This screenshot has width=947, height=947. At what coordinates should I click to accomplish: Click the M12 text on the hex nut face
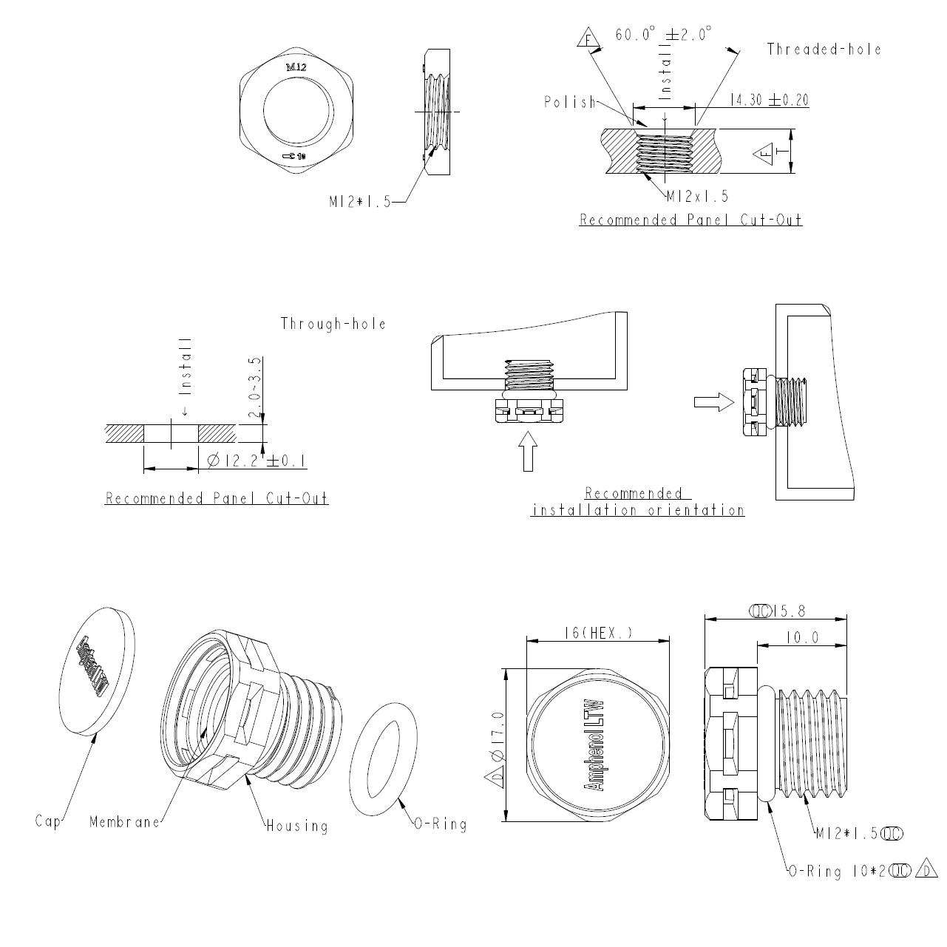coord(296,67)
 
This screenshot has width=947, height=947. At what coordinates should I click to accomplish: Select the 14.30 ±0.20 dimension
coord(768,100)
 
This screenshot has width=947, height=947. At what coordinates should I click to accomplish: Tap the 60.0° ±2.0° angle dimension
coord(663,35)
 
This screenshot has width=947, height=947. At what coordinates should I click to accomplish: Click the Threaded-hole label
coord(824,50)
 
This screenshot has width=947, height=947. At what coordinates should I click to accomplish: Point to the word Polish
coord(569,102)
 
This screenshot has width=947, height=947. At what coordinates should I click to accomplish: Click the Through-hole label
coord(333,324)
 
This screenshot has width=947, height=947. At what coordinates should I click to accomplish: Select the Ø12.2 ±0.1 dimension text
coord(257,461)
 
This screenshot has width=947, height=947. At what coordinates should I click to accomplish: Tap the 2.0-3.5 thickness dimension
coord(255,388)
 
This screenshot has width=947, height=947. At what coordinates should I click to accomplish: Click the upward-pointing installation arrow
coord(527,451)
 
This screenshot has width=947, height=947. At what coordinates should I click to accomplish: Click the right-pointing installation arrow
coord(713,401)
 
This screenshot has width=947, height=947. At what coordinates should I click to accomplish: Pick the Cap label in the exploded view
coord(48,821)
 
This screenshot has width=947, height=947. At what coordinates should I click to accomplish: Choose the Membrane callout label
coord(124,821)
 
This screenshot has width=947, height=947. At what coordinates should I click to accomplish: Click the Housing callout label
coord(297,825)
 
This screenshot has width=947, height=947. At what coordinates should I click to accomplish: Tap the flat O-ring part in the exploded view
coord(383,759)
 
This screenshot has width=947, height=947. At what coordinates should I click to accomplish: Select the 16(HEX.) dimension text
coord(597,633)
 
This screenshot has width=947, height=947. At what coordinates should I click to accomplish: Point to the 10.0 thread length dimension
coord(801,637)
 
